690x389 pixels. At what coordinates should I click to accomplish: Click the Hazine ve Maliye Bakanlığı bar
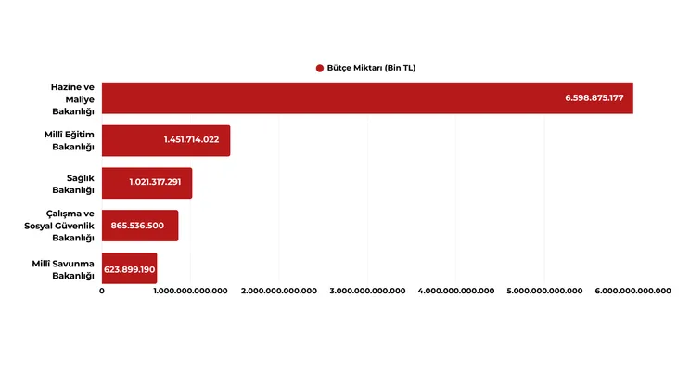point(366,97)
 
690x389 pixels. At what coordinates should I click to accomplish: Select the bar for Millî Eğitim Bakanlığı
point(165,140)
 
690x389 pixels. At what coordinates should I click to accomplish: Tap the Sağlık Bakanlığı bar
point(147,183)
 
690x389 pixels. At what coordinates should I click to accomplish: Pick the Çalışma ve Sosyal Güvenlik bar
point(139,226)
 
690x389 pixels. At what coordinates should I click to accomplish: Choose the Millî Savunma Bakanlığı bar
point(129,268)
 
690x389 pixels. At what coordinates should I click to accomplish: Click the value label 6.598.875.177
point(594,97)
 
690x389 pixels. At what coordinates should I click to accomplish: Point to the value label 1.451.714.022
point(191,140)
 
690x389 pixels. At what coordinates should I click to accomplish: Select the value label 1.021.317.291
point(155,183)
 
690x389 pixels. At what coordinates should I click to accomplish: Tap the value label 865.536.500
point(137,226)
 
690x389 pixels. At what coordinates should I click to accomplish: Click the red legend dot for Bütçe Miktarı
point(320,68)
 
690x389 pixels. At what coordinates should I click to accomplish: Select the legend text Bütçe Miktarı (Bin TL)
point(372,68)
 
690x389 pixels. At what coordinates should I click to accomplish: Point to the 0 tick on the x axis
point(102,291)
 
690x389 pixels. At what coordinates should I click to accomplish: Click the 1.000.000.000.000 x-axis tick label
point(190,291)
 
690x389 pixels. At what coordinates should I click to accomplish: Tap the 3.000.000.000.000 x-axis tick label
point(367,291)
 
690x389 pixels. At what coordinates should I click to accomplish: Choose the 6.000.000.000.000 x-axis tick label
point(632,291)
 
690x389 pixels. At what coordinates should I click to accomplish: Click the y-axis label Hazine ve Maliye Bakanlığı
point(74,97)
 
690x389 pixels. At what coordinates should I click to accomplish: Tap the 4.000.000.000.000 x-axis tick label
point(455,291)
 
